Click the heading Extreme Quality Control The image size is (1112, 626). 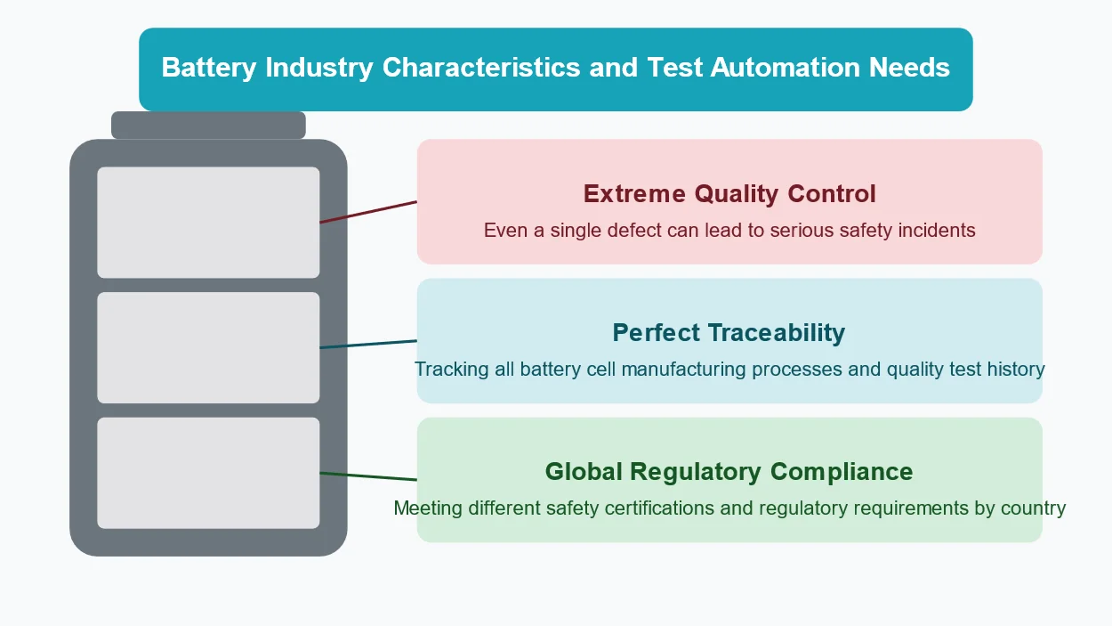(729, 193)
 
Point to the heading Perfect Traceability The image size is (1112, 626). (729, 332)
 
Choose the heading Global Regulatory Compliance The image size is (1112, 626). (729, 471)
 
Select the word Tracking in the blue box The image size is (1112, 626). (451, 369)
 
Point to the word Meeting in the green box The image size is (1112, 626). (428, 508)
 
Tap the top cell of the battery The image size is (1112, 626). (208, 223)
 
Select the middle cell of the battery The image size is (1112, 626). (208, 347)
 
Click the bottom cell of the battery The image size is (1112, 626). (208, 473)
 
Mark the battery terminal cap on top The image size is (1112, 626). (208, 126)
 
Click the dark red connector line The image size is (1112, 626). (368, 212)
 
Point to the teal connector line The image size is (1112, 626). (368, 344)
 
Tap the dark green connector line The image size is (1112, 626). (368, 476)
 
